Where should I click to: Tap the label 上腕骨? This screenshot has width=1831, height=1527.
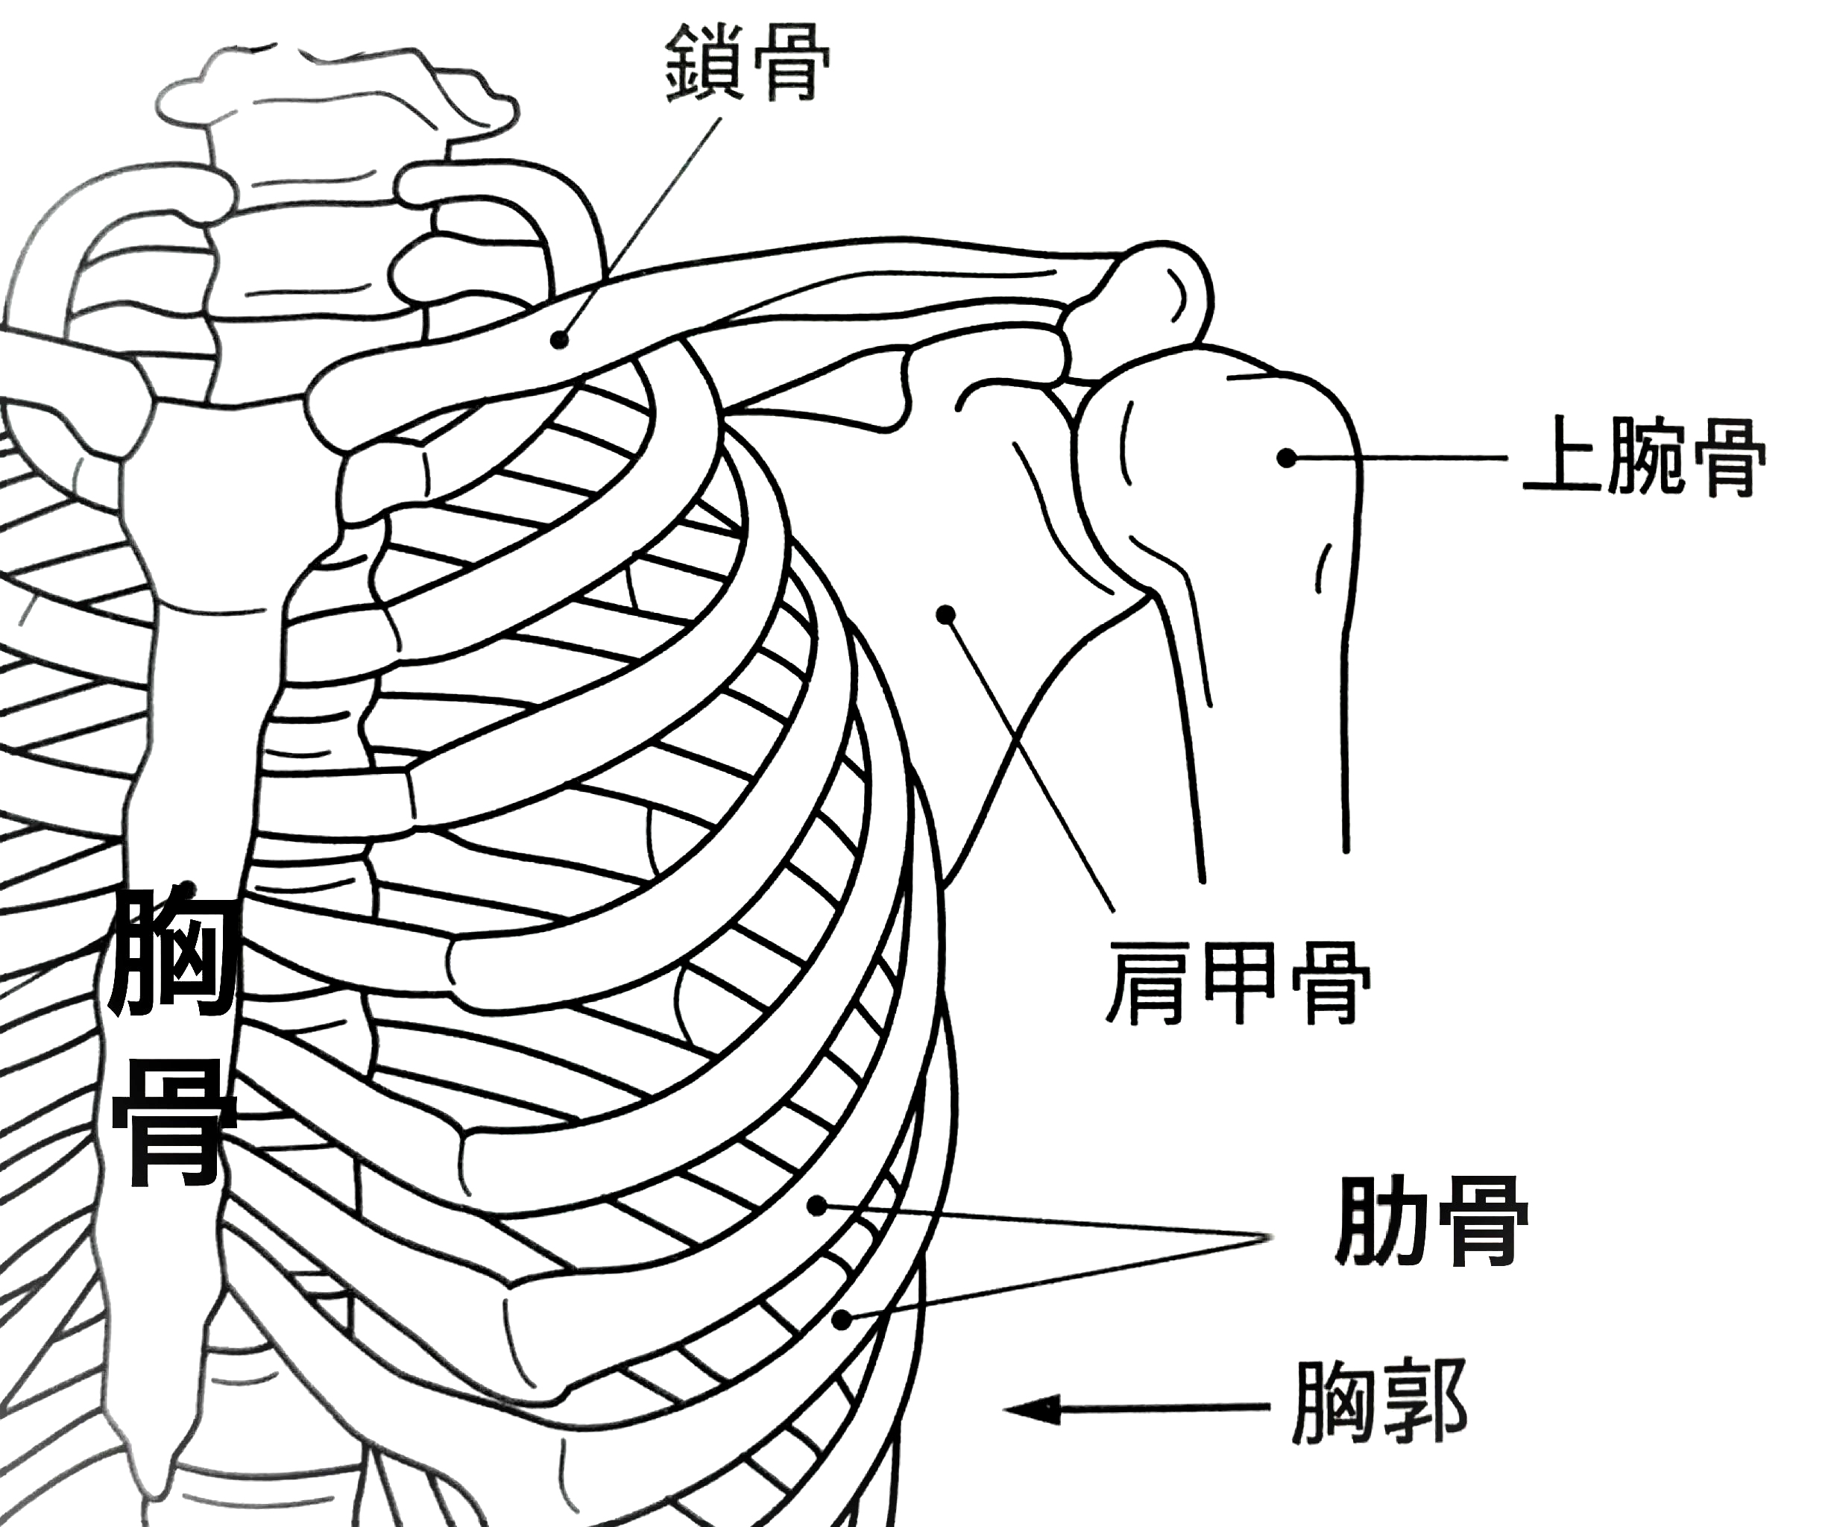click(1645, 458)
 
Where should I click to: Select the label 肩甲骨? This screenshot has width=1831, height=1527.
click(1238, 982)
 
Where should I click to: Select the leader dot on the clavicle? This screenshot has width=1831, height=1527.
click(561, 340)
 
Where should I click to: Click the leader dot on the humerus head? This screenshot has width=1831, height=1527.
click(1286, 457)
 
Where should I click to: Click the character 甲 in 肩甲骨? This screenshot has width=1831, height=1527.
click(1238, 982)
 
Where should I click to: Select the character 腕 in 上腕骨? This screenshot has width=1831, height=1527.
click(1645, 458)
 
